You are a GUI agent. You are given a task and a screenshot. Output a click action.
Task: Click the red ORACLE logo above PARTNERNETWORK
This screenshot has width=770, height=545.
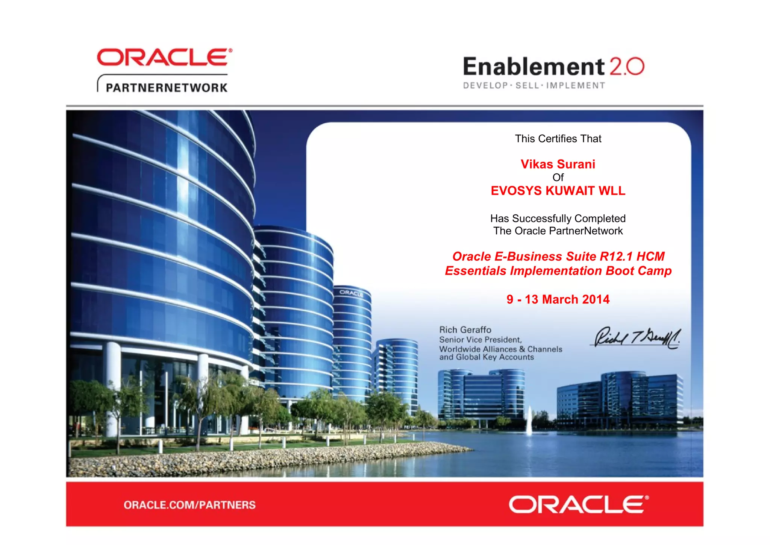(164, 57)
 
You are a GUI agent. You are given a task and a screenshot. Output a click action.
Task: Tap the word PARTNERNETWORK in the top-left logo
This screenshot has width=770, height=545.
(167, 88)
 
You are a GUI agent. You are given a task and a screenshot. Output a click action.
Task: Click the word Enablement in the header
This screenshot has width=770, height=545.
(534, 67)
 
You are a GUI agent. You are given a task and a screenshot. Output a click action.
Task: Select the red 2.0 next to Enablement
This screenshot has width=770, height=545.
(626, 67)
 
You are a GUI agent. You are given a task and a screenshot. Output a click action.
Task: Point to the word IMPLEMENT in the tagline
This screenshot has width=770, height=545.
(576, 86)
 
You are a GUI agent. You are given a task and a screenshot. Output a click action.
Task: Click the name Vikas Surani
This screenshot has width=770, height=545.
(558, 164)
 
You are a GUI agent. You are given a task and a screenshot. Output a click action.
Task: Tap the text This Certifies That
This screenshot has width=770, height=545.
(558, 139)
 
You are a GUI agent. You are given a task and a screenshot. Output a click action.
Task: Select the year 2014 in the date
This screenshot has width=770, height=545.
(596, 299)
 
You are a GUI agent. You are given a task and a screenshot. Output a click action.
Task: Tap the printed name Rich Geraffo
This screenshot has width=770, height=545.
(465, 330)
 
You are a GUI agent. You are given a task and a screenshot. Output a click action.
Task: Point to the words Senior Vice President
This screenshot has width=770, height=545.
(480, 340)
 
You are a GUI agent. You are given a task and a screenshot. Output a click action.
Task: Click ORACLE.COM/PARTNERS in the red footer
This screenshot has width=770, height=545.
(189, 505)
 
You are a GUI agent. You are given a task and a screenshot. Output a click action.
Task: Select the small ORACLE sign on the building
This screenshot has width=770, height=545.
(351, 293)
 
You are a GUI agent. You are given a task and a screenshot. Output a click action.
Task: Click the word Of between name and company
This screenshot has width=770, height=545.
(558, 178)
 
